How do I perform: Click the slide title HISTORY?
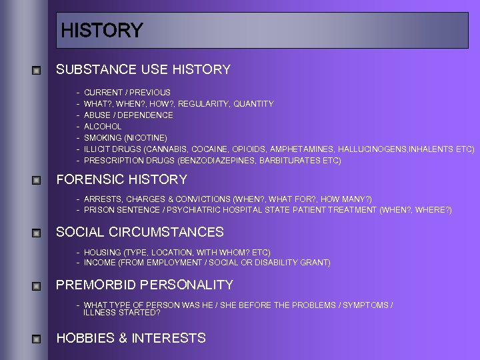101,31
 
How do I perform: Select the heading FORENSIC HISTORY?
122,179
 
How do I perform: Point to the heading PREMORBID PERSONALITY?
145,285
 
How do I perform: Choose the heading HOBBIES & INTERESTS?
131,338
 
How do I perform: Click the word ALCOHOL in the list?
103,127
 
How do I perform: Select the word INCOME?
99,263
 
